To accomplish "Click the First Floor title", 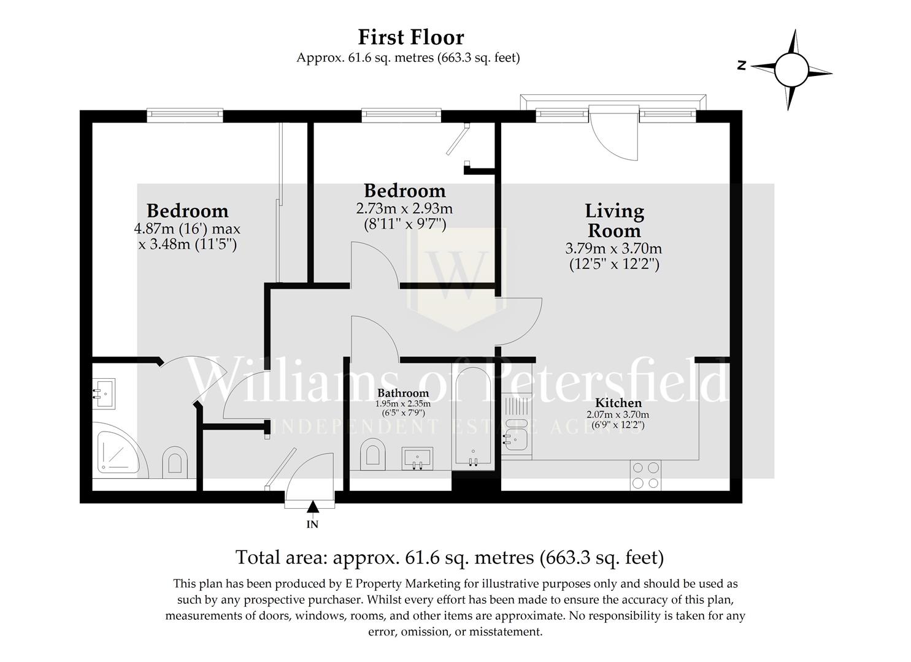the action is [x=411, y=37].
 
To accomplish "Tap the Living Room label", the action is [x=614, y=221].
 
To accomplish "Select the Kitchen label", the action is [x=618, y=403].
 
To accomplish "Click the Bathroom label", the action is [x=403, y=393].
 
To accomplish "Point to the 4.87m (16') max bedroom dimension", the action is [x=187, y=229].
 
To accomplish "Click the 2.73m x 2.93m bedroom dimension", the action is [x=404, y=208].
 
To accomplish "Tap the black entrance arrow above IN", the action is [x=312, y=506].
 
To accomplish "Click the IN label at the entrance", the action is [x=312, y=525].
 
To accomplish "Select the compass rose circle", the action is [x=791, y=70].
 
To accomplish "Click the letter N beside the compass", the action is [x=742, y=66].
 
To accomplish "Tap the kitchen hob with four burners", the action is [x=645, y=475].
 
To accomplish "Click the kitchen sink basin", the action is [x=516, y=440].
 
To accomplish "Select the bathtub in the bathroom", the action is [x=473, y=418].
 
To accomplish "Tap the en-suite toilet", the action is [x=175, y=462].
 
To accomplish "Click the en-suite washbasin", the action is [x=104, y=394].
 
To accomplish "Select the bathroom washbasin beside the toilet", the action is [x=417, y=458].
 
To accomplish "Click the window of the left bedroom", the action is [x=185, y=115].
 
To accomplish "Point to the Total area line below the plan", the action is [x=450, y=557].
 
